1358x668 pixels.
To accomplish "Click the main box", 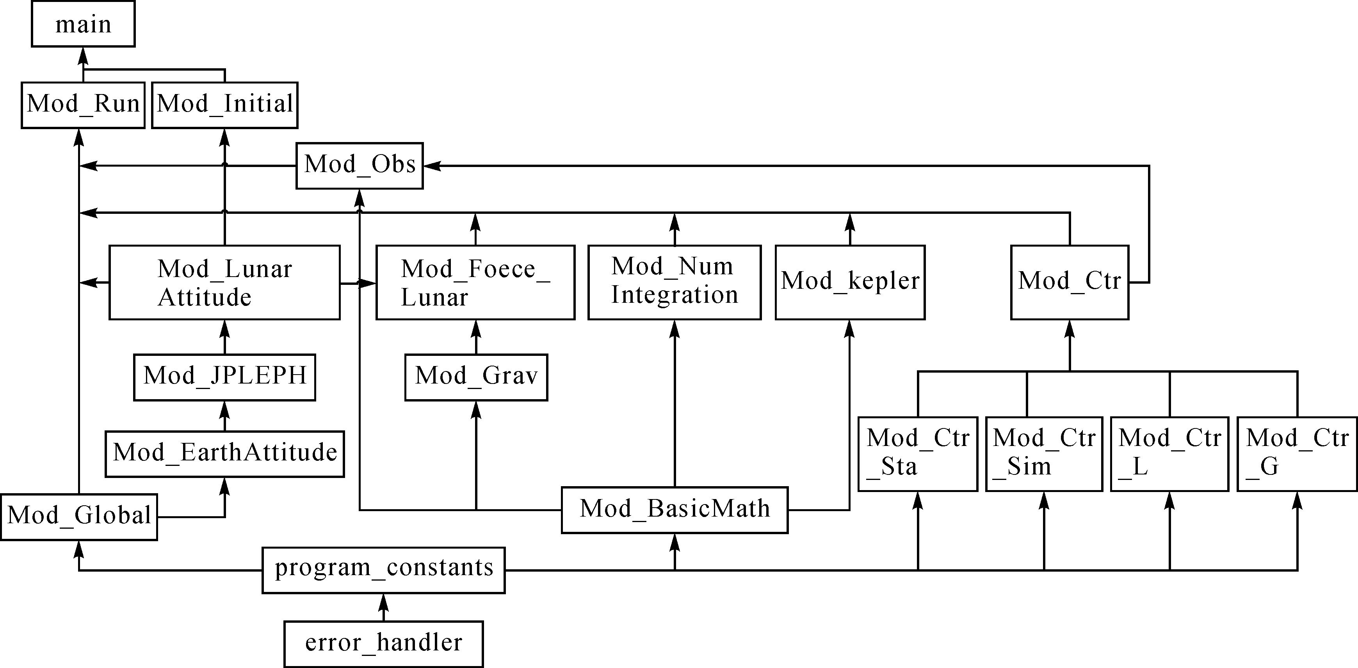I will tap(83, 24).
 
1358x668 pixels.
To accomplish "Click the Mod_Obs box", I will tap(360, 165).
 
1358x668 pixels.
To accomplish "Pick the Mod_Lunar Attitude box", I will tap(224, 282).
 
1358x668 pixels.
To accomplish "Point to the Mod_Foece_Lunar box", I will tap(475, 282).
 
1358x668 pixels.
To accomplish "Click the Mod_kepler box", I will tap(850, 282).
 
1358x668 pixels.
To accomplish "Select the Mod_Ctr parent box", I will tap(1070, 282).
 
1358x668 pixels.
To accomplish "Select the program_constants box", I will tap(384, 570).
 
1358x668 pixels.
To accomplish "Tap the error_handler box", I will tap(384, 644).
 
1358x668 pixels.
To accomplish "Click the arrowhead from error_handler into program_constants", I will tap(384, 602).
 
